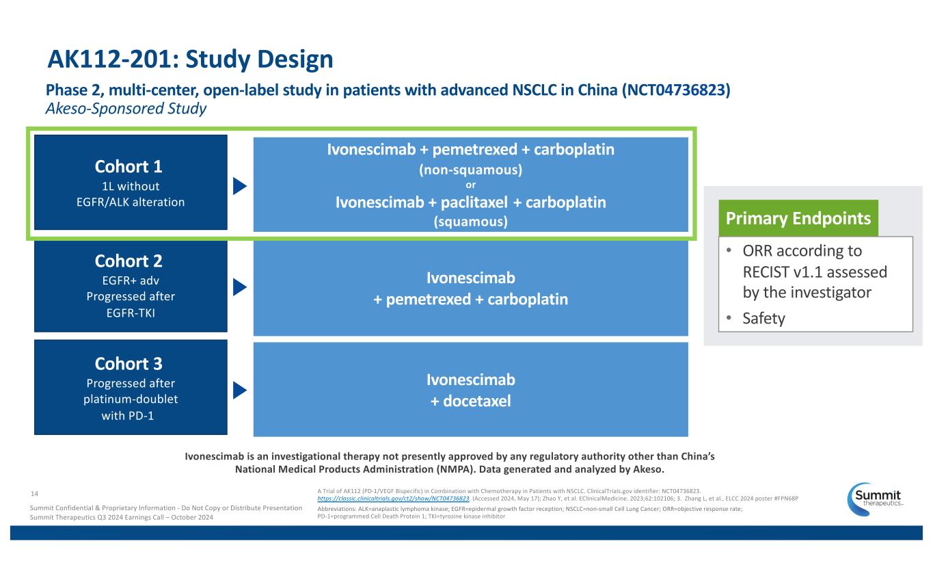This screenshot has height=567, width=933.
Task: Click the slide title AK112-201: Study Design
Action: click(190, 61)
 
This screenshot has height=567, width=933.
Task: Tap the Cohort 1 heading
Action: click(130, 167)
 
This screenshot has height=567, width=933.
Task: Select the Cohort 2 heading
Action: click(130, 261)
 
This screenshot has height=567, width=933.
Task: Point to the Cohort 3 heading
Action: click(130, 363)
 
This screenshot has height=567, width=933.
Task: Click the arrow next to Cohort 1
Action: click(239, 186)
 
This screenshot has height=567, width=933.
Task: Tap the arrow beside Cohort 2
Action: click(239, 287)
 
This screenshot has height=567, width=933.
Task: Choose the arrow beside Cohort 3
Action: click(239, 390)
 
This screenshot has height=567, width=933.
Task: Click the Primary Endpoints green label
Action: click(797, 218)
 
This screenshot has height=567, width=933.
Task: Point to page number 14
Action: click(36, 492)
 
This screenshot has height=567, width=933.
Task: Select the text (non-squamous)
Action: click(470, 170)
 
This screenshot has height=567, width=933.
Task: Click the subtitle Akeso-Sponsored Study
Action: click(126, 109)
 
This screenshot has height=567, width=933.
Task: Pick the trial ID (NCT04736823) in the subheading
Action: click(676, 90)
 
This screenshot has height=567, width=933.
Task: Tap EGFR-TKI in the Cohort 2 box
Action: click(130, 313)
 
